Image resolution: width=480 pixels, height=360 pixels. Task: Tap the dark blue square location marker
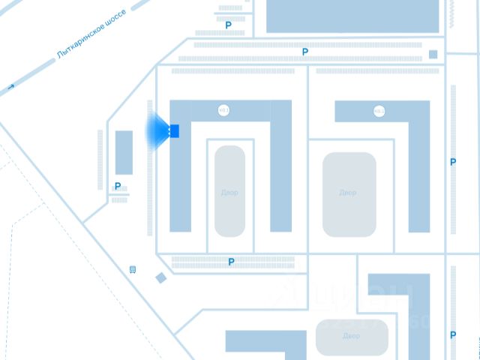(x=173, y=131)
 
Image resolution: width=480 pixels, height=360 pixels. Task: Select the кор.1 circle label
(x=223, y=111)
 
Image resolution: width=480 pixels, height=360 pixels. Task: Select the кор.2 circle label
(x=379, y=112)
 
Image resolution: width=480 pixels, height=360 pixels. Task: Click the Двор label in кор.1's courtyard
(x=229, y=193)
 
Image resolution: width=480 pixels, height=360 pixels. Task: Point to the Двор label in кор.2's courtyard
(x=347, y=193)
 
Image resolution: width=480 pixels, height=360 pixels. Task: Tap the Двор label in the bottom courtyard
(x=351, y=336)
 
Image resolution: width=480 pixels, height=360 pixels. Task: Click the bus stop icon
(x=133, y=269)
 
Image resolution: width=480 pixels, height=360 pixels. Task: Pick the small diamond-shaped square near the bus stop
(x=160, y=278)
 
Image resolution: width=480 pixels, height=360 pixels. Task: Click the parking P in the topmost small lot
(x=229, y=25)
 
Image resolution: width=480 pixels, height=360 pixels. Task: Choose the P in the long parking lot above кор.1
(x=304, y=52)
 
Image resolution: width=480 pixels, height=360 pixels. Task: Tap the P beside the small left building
(x=118, y=187)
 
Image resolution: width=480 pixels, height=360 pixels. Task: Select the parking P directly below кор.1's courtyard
(x=231, y=262)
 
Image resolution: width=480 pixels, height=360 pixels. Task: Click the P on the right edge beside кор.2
(x=453, y=162)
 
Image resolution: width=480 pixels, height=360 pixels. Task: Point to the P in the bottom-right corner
(x=453, y=335)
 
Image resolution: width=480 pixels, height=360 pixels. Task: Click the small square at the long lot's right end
(x=433, y=54)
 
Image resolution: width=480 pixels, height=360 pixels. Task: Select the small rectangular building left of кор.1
(x=124, y=152)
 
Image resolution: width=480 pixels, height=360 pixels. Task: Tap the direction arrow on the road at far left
(x=10, y=88)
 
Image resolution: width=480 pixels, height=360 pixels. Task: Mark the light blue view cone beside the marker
(x=159, y=131)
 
